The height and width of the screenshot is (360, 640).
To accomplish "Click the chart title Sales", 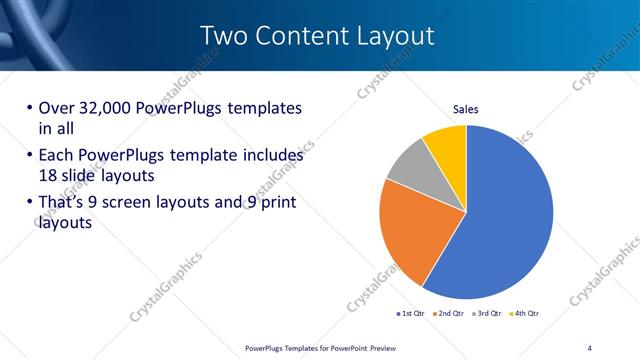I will (x=467, y=108).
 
